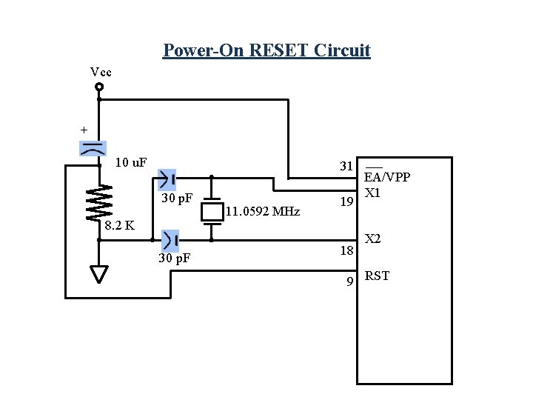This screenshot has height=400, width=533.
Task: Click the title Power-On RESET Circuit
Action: pos(266,50)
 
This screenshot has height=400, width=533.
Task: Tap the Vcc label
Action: pos(101,72)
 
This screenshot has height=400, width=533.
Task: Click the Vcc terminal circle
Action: pos(99,87)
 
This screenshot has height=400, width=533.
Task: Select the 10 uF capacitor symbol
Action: pos(93,148)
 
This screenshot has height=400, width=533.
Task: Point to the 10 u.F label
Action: pos(132,162)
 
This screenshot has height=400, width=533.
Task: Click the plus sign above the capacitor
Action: pos(84,130)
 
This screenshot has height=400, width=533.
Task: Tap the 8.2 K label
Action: pos(119,225)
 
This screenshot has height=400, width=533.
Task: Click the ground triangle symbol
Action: pos(100,274)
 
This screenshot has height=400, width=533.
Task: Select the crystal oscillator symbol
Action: pos(212,210)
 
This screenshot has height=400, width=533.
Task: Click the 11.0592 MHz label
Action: pos(261,213)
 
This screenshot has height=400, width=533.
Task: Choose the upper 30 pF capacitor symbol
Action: pos(167,179)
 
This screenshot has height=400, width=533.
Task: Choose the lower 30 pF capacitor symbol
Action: pos(170,240)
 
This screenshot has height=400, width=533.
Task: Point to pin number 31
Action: pos(346,166)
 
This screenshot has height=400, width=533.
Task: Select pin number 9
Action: pos(350,281)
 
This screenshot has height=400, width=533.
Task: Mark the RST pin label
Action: pos(377,276)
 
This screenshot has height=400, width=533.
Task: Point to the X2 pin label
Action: pos(373,239)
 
